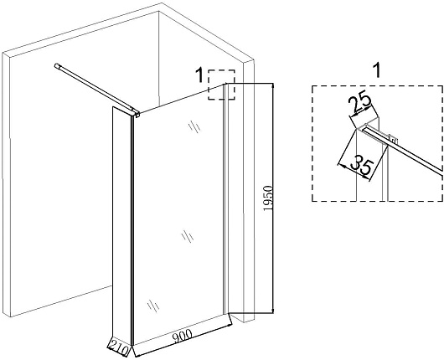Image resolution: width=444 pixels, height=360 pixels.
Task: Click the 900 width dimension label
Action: [182, 336]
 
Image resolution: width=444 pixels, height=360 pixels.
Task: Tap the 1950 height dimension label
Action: [267, 198]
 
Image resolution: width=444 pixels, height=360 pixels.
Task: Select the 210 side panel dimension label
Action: [119, 347]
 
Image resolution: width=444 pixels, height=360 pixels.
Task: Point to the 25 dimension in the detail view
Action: [359, 103]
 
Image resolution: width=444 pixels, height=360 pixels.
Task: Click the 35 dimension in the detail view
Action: [361, 166]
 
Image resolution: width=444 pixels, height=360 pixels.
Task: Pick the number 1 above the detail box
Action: [377, 71]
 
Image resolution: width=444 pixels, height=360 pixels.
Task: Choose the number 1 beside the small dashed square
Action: [200, 75]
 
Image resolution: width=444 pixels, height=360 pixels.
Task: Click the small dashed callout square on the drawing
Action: [221, 85]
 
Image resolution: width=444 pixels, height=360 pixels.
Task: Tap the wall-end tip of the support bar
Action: [57, 66]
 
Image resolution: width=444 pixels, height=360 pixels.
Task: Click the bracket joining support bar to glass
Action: [136, 113]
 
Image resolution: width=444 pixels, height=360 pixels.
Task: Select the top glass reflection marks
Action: [194, 126]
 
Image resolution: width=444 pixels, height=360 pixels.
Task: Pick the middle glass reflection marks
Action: [188, 236]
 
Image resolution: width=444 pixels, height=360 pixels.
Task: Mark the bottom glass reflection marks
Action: [153, 306]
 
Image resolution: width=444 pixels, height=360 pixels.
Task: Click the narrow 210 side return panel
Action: [122, 226]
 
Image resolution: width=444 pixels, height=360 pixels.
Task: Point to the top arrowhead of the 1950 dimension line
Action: [272, 86]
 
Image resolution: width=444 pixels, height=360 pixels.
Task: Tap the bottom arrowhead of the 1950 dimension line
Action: [272, 311]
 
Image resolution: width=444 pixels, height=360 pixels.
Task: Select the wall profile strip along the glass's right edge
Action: [225, 198]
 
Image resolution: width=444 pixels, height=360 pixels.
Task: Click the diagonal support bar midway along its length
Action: [96, 89]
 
